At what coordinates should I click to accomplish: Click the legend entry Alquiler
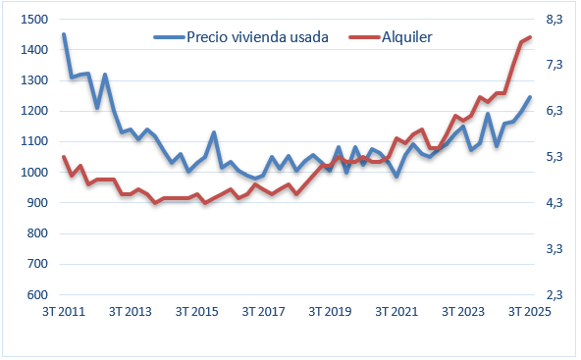tap(406, 36)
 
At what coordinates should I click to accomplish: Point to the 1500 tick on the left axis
tap(31, 20)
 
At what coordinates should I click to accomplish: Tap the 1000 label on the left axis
tap(31, 173)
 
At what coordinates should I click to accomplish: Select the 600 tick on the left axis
tap(35, 295)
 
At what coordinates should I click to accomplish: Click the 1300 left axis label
tap(31, 80)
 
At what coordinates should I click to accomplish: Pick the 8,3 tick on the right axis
tap(556, 20)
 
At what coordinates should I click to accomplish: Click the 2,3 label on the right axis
tap(556, 295)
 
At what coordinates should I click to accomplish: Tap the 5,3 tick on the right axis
tap(556, 157)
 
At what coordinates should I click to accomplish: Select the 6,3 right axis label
tap(556, 111)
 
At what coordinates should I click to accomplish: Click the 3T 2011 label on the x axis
tap(64, 312)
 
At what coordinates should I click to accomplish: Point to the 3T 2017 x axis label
tap(263, 312)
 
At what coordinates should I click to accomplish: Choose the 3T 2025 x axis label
tap(529, 312)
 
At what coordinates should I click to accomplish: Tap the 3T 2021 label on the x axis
tap(396, 312)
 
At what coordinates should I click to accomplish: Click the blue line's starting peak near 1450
tap(64, 34)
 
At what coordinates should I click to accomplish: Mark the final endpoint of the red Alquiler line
tap(530, 36)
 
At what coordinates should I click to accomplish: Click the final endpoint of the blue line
tap(530, 96)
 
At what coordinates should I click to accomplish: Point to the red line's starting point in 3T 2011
tap(64, 157)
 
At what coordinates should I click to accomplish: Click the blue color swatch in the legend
tap(168, 36)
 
